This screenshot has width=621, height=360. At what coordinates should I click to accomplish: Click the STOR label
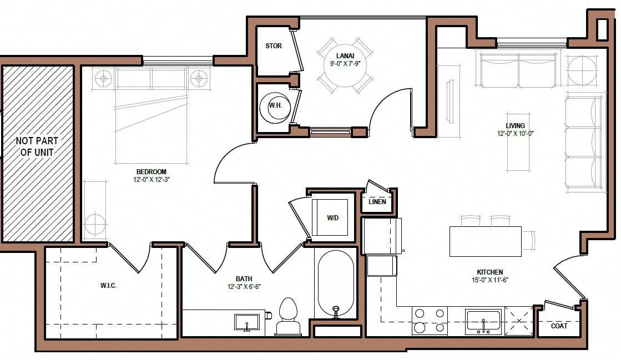(274, 46)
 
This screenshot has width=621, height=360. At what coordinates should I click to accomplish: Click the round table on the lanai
(345, 65)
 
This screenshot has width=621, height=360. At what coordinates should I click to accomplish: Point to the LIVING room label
(515, 126)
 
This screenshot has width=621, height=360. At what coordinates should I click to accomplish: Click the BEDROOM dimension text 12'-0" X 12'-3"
(152, 180)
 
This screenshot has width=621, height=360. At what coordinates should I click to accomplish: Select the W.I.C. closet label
(108, 286)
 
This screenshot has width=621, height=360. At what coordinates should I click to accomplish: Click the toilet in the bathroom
(288, 317)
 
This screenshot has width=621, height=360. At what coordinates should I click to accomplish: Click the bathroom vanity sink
(247, 322)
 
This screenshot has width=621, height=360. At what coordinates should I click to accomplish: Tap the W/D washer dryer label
(332, 218)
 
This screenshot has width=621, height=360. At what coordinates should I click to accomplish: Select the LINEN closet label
(377, 202)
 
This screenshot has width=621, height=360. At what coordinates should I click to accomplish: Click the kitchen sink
(483, 321)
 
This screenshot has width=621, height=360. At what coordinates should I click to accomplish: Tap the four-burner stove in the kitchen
(430, 321)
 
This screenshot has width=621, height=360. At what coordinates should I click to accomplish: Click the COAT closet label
(559, 326)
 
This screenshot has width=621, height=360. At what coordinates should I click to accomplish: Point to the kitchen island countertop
(485, 241)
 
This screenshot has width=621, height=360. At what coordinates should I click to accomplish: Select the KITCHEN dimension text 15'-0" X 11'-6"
(489, 280)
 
